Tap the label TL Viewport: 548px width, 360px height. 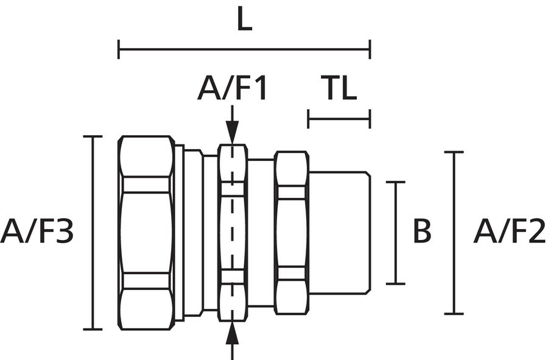point(339,89)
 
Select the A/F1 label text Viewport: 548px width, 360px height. point(232,89)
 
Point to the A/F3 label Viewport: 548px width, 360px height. point(37,232)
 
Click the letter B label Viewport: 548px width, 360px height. point(422,232)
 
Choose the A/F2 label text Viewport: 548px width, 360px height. point(510,232)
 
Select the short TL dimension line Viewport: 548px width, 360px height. point(339,119)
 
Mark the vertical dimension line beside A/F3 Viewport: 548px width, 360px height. point(93,232)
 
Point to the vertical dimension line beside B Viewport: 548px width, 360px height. point(396,232)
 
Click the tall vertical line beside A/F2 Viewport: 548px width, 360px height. point(454,232)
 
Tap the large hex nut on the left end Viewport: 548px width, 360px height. point(146,232)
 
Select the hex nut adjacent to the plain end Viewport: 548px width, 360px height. point(291,232)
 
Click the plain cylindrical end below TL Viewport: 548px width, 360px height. point(339,232)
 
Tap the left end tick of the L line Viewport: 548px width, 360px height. point(119,49)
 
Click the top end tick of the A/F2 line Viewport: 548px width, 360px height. point(454,152)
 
